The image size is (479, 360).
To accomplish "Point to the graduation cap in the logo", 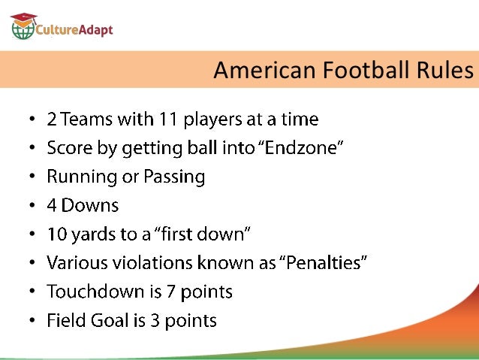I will [x=24, y=17].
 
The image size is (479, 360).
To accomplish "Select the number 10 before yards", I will [x=57, y=234].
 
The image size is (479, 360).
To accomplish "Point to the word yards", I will [x=95, y=234].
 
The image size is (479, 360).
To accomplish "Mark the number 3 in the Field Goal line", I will [x=155, y=321].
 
